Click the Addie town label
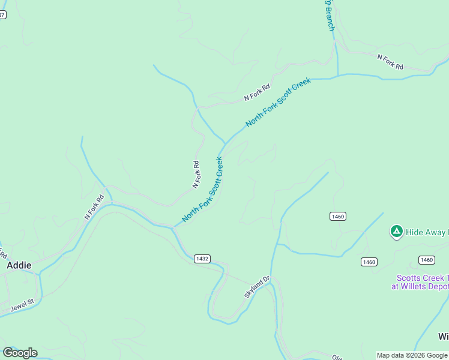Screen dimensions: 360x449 (x=19, y=265)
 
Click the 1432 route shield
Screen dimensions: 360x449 (x=202, y=259)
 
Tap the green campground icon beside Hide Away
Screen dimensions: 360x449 (x=396, y=232)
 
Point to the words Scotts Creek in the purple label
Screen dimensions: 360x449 (x=420, y=278)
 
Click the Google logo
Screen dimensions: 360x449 (x=20, y=353)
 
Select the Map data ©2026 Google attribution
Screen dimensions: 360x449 (x=412, y=355)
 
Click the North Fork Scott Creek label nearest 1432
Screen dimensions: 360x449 (x=203, y=190)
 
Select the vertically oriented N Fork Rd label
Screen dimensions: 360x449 (x=196, y=174)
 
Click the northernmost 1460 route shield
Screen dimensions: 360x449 (x=337, y=216)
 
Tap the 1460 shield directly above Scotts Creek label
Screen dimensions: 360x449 (x=426, y=260)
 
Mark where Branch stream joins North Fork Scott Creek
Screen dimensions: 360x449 (x=338, y=76)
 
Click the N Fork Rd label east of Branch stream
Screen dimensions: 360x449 (x=390, y=62)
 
